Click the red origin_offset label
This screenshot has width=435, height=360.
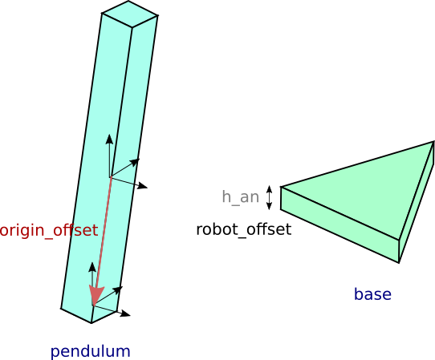[x=48, y=231]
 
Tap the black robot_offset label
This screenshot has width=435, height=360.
[x=243, y=230]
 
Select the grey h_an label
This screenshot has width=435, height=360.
[x=240, y=197]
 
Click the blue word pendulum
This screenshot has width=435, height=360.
[x=90, y=351]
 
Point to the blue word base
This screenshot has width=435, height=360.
[x=372, y=294]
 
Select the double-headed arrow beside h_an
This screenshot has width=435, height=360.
[x=269, y=197]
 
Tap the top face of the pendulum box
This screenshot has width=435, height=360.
[x=130, y=14]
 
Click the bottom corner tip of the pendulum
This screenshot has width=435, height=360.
[x=91, y=323]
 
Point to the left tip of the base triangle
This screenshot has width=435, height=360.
[x=281, y=187]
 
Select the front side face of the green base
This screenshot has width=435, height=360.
[x=339, y=224]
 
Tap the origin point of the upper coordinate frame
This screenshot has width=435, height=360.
[x=111, y=176]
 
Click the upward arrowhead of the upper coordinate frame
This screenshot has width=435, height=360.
[x=109, y=139]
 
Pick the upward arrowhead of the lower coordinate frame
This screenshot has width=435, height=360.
[x=92, y=267]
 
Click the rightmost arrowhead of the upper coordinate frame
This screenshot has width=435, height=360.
[x=143, y=186]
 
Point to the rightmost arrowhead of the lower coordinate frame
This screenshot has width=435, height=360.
[x=126, y=313]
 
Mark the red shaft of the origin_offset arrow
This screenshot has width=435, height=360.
[x=104, y=232]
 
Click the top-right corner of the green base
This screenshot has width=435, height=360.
[x=433, y=142]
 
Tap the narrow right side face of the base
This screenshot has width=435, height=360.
[x=417, y=202]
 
